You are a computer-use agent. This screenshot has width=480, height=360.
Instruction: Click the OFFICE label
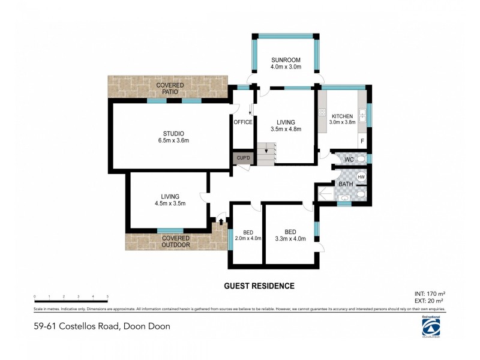243,122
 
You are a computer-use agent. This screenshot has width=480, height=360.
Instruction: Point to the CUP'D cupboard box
243,158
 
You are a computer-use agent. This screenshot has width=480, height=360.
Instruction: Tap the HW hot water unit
361,178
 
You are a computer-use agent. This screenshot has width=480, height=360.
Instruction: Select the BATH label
346,184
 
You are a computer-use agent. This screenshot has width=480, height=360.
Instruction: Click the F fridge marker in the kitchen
361,142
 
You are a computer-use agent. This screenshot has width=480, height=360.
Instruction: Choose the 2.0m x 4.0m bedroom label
248,236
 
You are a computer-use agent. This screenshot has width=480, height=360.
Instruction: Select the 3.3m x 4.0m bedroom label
290,236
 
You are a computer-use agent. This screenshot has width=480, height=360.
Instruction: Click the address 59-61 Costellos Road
102,326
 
